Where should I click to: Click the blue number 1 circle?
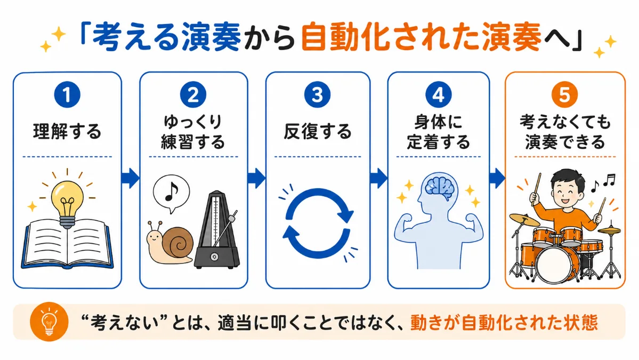pos(67,94)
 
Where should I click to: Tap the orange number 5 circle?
pos(564,94)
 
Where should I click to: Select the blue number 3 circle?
pos(317,94)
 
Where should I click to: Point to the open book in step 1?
pos(67,245)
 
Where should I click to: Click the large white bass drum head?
pos(552,264)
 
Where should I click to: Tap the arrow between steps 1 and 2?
pos(131,178)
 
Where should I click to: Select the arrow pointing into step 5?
pos(497,178)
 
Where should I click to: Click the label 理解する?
pos(67,132)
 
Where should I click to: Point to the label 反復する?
pos(318,132)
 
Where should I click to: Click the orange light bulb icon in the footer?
pos(49,322)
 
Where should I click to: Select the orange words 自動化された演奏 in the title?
pos(422,37)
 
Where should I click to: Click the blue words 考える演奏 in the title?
pos(166,37)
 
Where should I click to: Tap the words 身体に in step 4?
pos(439,122)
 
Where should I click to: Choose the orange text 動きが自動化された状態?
pos(504,322)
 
